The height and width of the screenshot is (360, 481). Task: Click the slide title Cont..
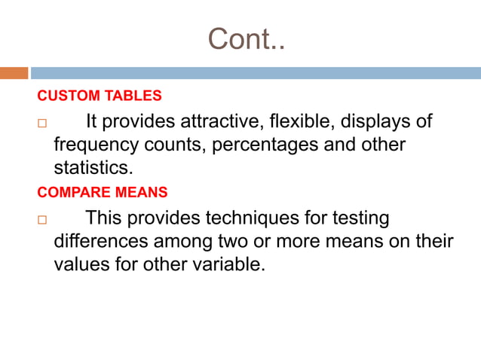pyautogui.click(x=247, y=39)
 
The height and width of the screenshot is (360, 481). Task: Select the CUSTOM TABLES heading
pyautogui.click(x=100, y=96)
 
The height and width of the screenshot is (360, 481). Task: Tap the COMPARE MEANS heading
pyautogui.click(x=103, y=192)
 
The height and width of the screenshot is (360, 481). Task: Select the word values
pyautogui.click(x=79, y=264)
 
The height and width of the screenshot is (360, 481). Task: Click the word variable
pyautogui.click(x=227, y=264)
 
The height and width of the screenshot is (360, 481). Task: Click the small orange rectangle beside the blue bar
pyautogui.click(x=14, y=73)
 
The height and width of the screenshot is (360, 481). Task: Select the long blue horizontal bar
pyautogui.click(x=256, y=73)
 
